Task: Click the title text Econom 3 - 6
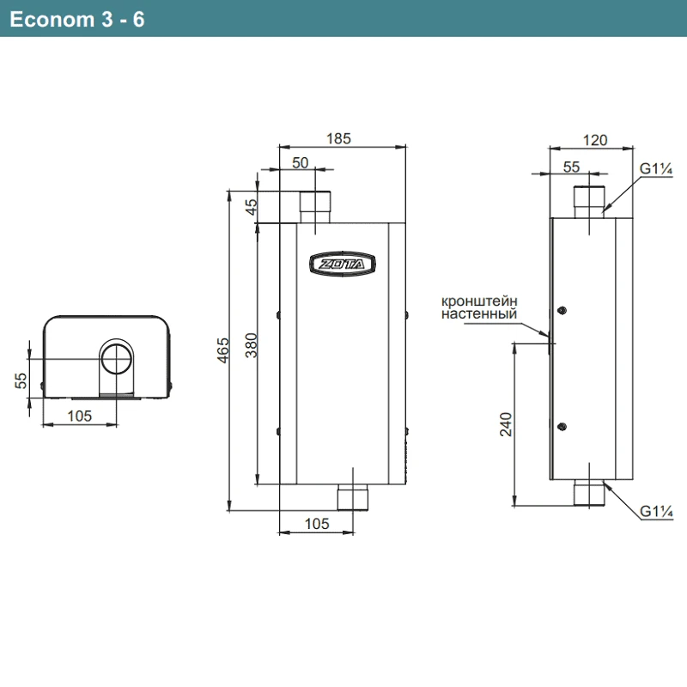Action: pyautogui.click(x=77, y=19)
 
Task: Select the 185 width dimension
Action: pyautogui.click(x=339, y=138)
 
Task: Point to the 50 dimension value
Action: pyautogui.click(x=301, y=163)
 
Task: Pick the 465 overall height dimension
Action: pyautogui.click(x=222, y=350)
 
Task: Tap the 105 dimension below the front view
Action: pyautogui.click(x=317, y=524)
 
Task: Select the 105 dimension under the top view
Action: pyautogui.click(x=80, y=416)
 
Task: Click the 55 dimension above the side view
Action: pyautogui.click(x=573, y=167)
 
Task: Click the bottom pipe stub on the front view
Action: pyautogui.click(x=353, y=496)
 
